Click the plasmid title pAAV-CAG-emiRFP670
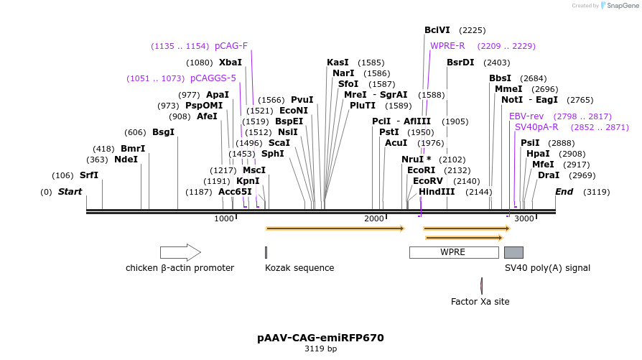320,338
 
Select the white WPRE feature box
453,252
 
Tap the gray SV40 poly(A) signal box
513,252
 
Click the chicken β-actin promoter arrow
180,252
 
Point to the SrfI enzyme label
89,175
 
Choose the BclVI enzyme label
437,30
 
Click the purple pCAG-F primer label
231,46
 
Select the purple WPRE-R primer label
447,46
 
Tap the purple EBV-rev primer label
526,116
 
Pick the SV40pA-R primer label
536,127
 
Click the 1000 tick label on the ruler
224,218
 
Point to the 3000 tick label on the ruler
524,218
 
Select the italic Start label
70,192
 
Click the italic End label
564,192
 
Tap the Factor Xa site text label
480,302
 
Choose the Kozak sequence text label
299,268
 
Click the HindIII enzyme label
437,192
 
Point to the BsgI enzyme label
163,132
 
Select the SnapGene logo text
622,6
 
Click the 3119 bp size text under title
320,349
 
